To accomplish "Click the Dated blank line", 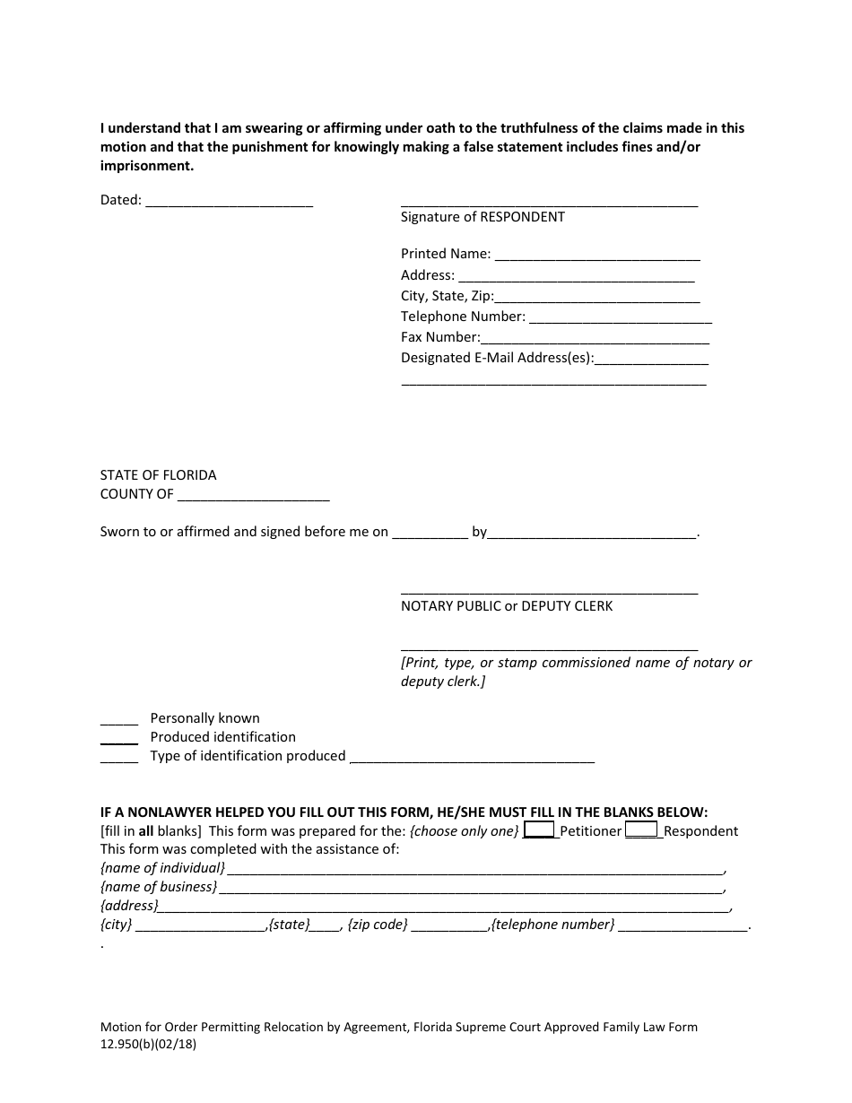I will click(x=229, y=202).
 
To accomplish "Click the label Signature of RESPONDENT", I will click(x=483, y=217).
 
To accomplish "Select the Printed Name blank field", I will click(x=597, y=255).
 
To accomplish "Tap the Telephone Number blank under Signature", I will click(x=621, y=317).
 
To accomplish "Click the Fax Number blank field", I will click(x=596, y=338).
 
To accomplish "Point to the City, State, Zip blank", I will click(x=597, y=297).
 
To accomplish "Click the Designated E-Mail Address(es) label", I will click(x=497, y=358).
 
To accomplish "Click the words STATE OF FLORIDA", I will click(x=158, y=475).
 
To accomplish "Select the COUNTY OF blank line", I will click(x=254, y=495).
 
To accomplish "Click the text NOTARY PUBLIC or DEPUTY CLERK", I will click(x=507, y=606).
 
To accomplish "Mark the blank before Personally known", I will click(x=118, y=719).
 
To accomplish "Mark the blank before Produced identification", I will click(x=118, y=738).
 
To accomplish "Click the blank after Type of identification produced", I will click(x=472, y=757).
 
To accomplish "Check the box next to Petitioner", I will click(x=539, y=830).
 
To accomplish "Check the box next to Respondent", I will click(x=641, y=830).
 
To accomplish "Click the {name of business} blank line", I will click(x=472, y=888).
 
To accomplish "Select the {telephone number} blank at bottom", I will click(x=683, y=925).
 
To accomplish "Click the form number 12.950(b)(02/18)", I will click(x=148, y=1044).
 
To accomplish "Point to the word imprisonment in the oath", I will click(x=145, y=167).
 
